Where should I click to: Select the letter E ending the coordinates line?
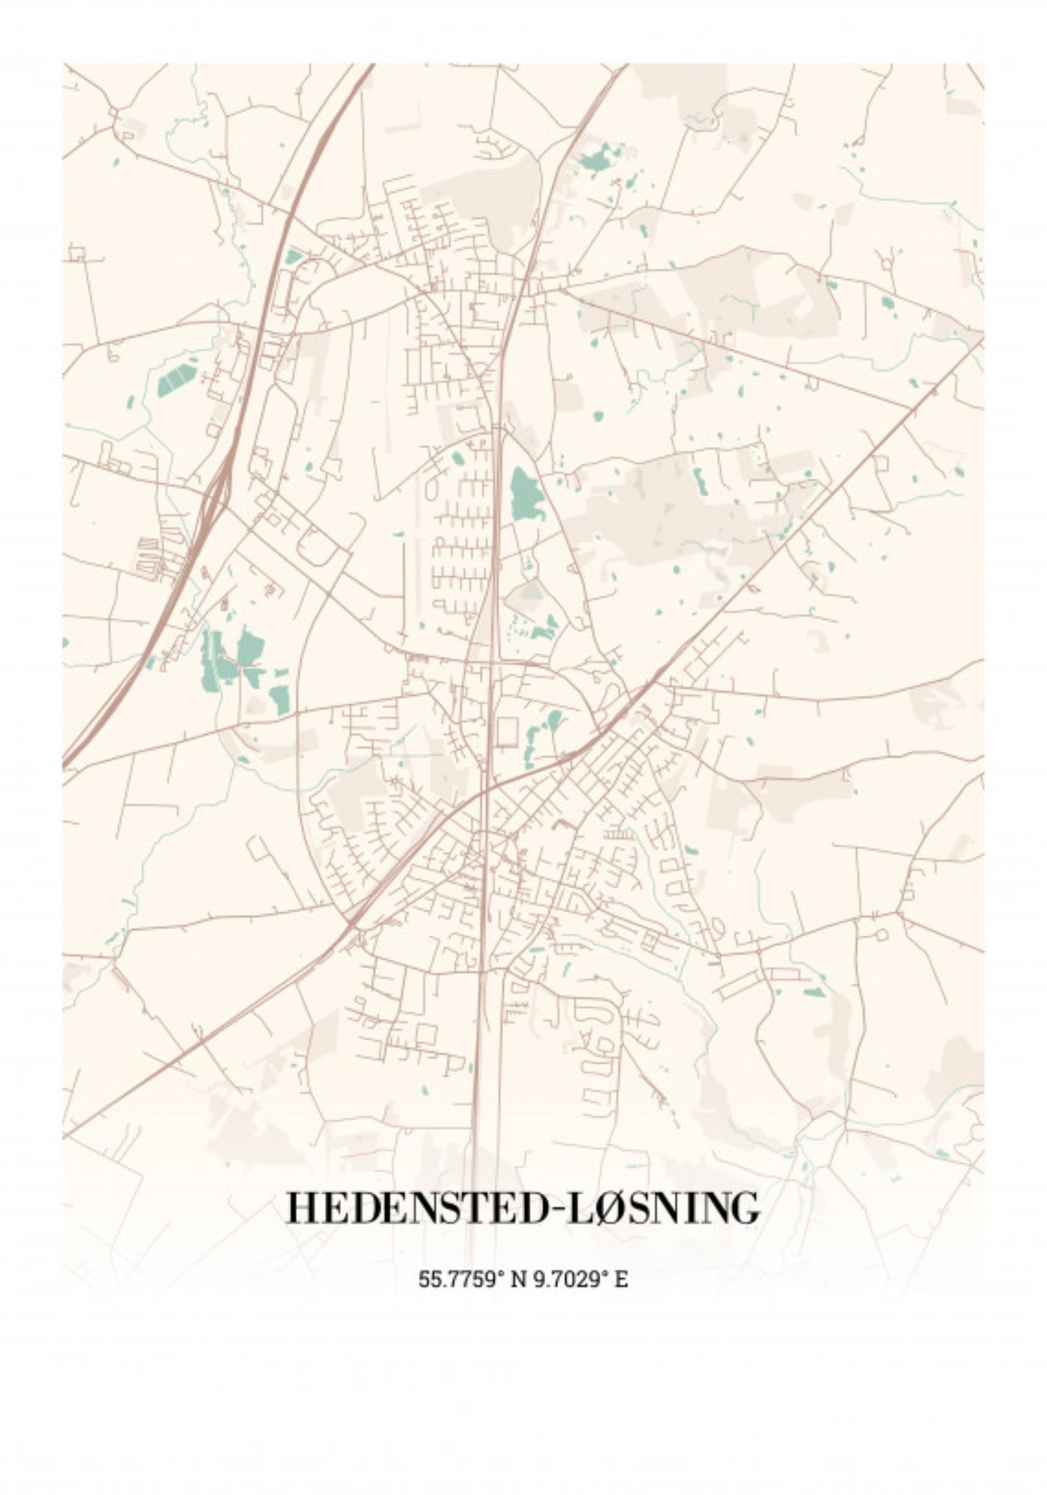pyautogui.click(x=621, y=1279)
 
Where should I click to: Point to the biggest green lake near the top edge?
pyautogui.click(x=597, y=158)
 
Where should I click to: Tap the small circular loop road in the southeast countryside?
pyautogui.click(x=880, y=935)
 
